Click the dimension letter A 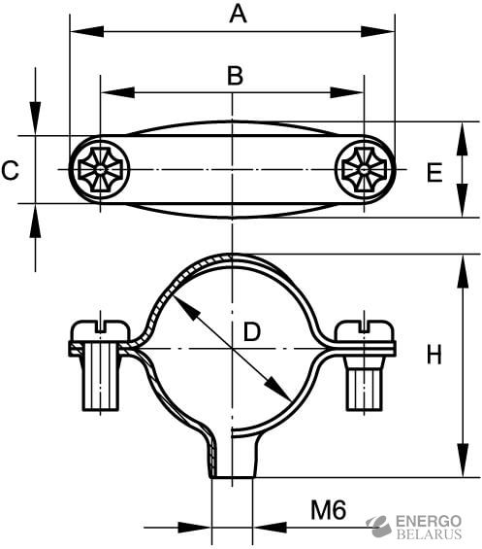(238, 15)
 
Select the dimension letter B (235, 76)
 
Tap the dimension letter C (10, 170)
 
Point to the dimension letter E (434, 173)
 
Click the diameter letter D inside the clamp (251, 332)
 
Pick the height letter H (434, 355)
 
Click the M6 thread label (328, 510)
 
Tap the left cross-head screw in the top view (100, 170)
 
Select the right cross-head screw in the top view (365, 170)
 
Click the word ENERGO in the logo (429, 522)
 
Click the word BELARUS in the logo (429, 534)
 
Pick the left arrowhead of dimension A (87, 31)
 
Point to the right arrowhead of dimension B (347, 92)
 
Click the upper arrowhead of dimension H (463, 272)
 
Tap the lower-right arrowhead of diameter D (278, 389)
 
